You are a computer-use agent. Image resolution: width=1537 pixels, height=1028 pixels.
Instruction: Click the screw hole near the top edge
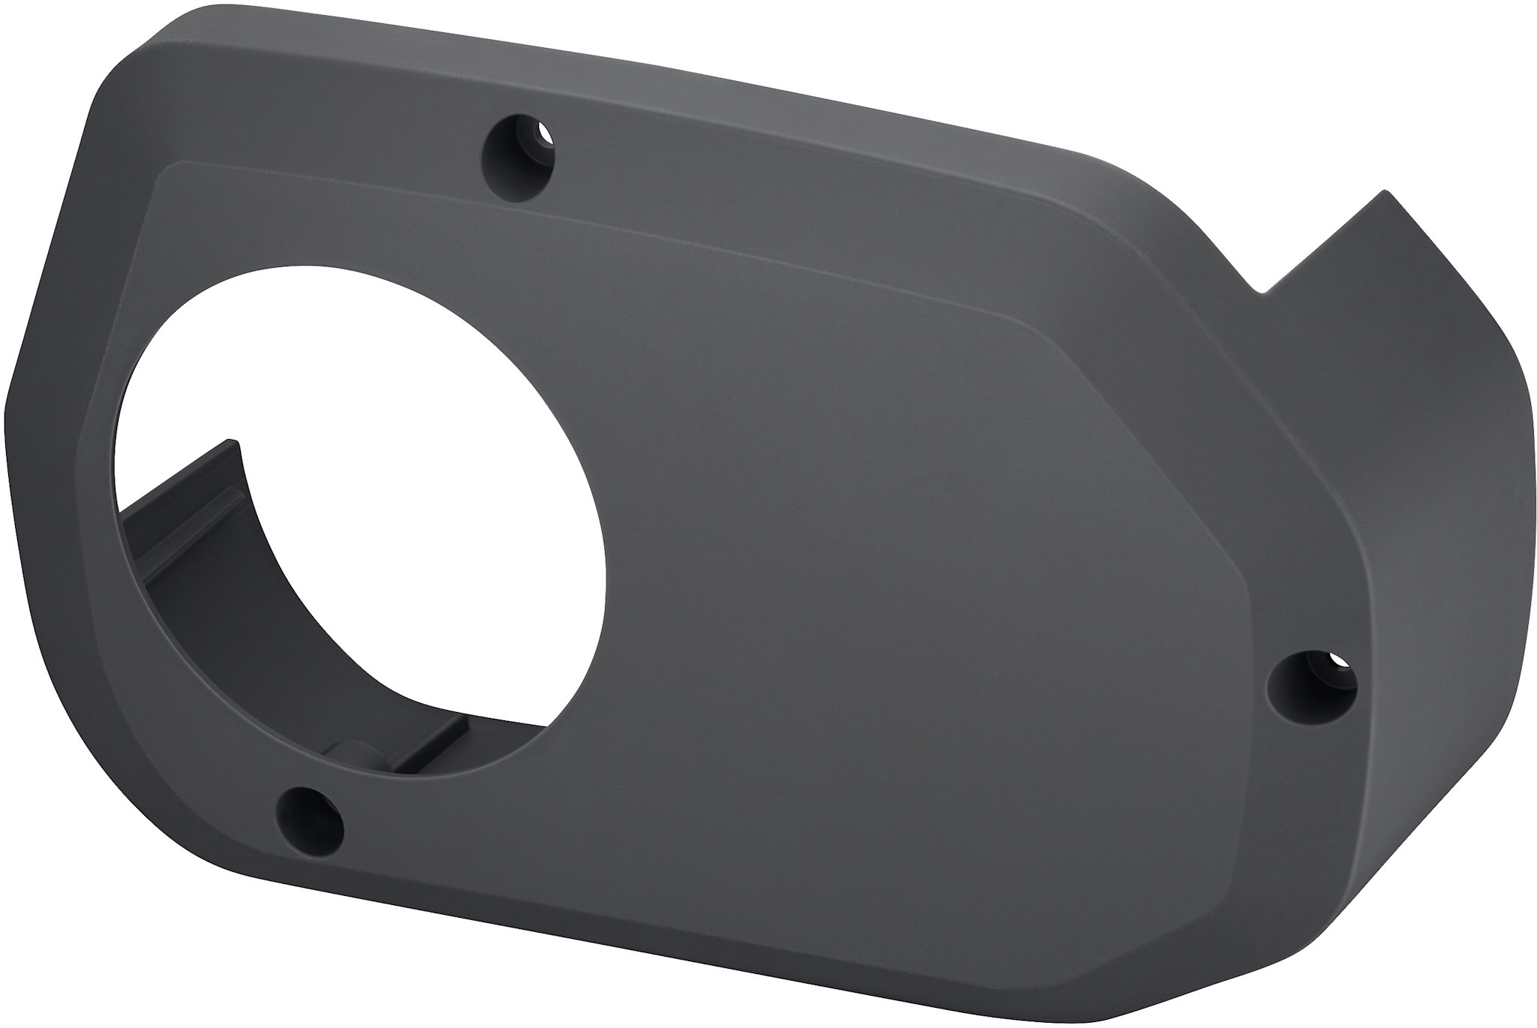click(x=520, y=149)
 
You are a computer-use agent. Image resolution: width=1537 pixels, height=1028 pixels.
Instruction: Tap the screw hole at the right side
click(x=1311, y=681)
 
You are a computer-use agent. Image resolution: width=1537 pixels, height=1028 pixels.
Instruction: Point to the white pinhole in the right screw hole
click(x=1337, y=663)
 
